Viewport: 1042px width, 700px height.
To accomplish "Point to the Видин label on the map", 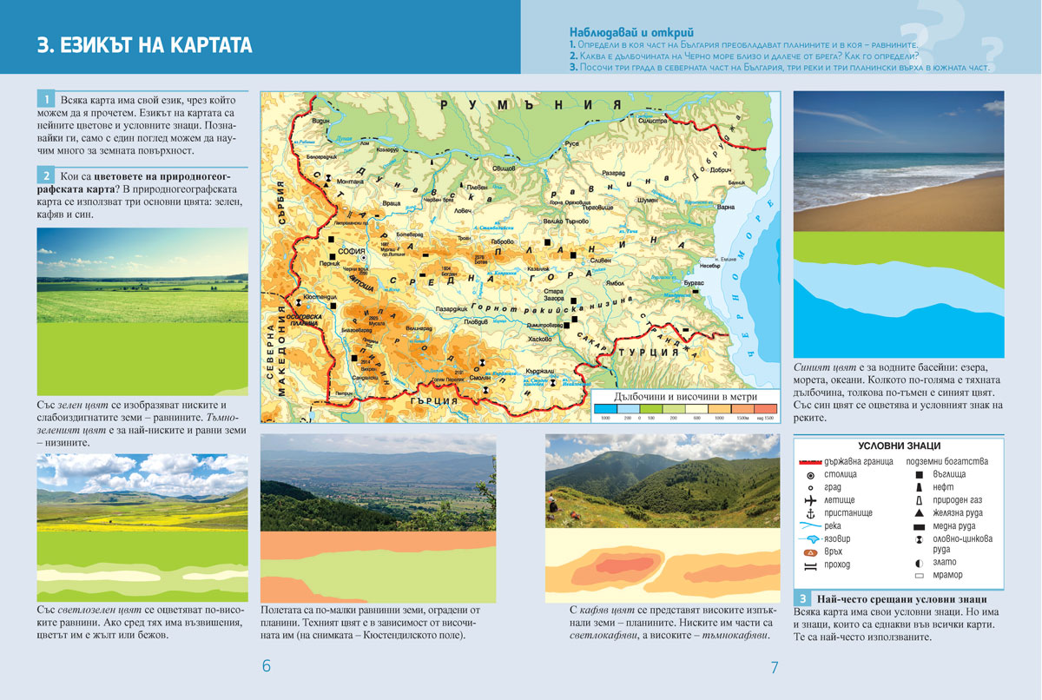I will click(320, 121).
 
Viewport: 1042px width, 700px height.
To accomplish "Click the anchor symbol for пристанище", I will click(810, 513).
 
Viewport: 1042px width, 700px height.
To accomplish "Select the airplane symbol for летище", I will click(810, 500).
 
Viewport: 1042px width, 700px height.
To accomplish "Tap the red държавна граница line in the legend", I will click(809, 462).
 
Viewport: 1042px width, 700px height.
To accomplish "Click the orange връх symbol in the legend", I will click(810, 551).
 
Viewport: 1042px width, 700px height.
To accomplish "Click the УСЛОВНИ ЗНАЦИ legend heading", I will click(899, 446).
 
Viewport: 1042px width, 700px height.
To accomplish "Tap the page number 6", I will click(267, 666).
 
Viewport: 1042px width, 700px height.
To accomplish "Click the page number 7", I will click(774, 667).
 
